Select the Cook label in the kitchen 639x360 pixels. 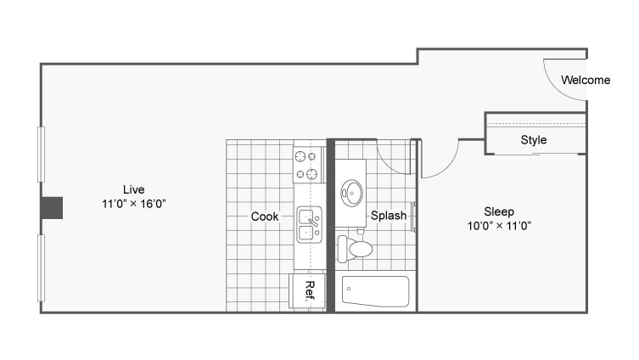(x=265, y=217)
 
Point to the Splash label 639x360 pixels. (x=389, y=217)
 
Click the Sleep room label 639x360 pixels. (x=499, y=211)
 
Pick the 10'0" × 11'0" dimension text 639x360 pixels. (x=499, y=226)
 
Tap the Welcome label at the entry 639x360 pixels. (x=586, y=81)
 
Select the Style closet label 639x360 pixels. (x=534, y=140)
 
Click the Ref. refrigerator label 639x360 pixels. (x=310, y=290)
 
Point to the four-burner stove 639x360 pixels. (x=309, y=166)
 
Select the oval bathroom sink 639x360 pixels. (x=351, y=193)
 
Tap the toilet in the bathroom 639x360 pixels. (x=356, y=250)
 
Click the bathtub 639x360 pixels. (x=375, y=291)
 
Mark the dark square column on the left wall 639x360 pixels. (x=53, y=207)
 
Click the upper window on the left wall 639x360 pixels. (x=40, y=154)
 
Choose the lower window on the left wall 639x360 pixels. (x=40, y=267)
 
